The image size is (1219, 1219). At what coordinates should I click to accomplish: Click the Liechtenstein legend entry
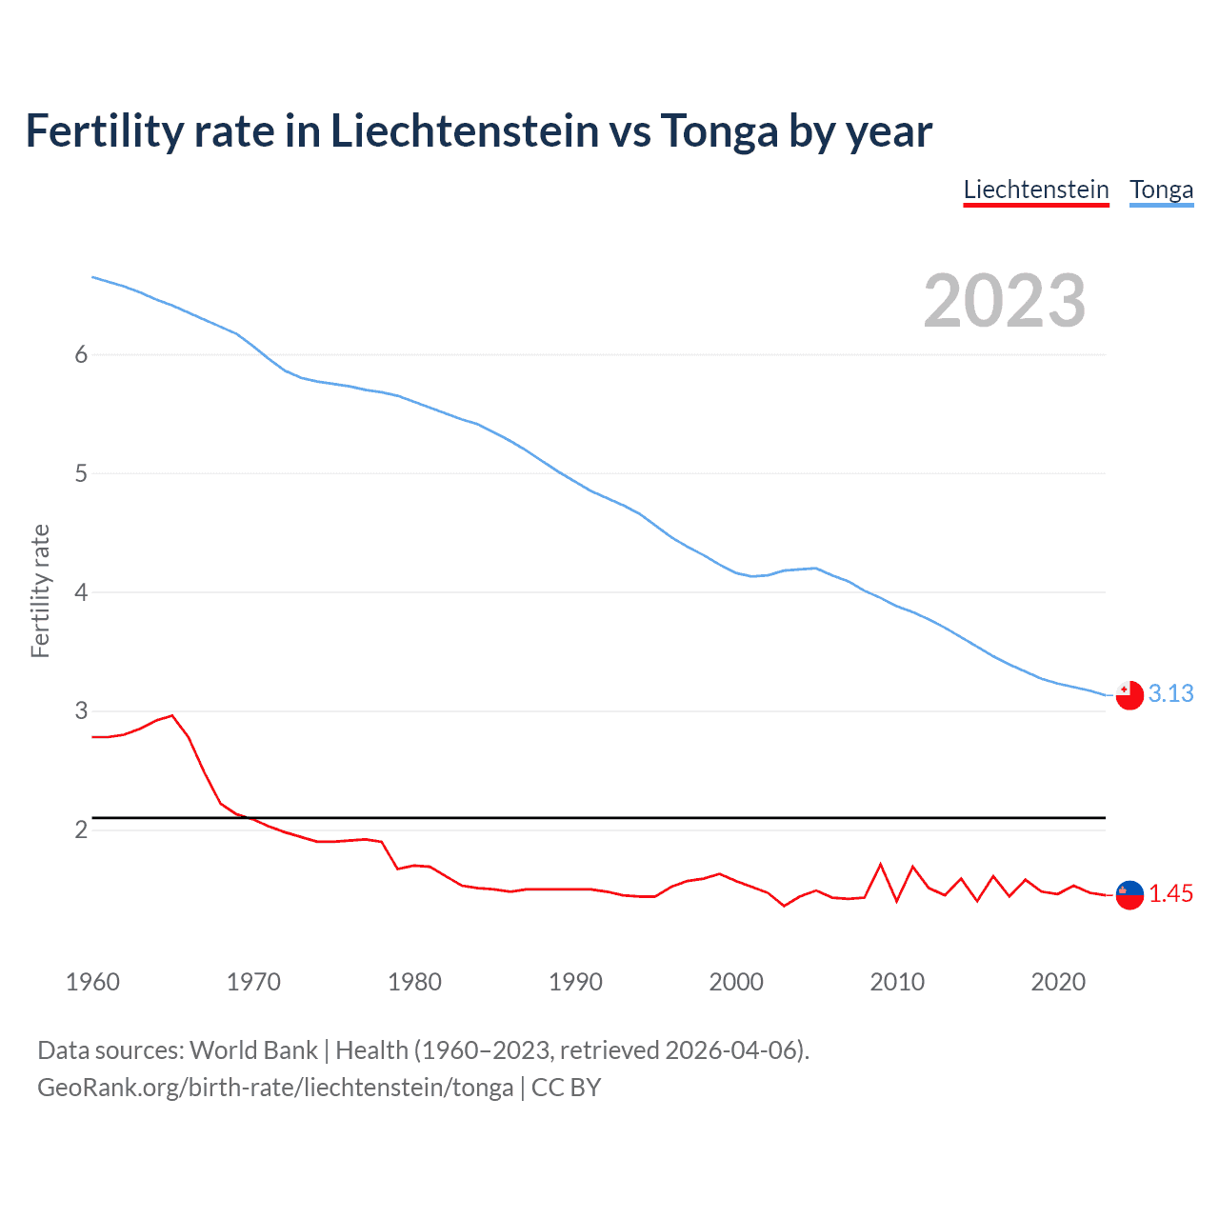[x=1036, y=190]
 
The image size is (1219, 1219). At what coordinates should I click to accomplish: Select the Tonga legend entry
[x=1161, y=190]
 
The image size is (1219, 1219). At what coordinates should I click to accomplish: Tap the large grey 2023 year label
[x=1005, y=301]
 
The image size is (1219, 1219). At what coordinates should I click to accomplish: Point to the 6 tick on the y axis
[x=81, y=354]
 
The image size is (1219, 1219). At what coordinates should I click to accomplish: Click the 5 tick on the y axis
[x=81, y=473]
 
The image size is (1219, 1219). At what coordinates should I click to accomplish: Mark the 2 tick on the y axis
[x=81, y=829]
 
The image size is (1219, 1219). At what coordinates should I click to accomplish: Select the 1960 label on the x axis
[x=92, y=982]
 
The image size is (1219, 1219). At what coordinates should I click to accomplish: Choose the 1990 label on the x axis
[x=575, y=982]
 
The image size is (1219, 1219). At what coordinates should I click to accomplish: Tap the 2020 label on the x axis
[x=1058, y=982]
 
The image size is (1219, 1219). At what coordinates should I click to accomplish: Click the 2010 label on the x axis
[x=897, y=982]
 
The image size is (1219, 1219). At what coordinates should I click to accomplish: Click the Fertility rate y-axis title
[x=40, y=590]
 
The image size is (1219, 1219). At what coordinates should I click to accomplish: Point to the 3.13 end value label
[x=1170, y=693]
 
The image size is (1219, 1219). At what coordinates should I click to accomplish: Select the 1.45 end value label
[x=1170, y=893]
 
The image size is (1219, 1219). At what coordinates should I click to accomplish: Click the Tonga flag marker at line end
[x=1129, y=695]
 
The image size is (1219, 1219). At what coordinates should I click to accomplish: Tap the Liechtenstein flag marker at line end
[x=1129, y=895]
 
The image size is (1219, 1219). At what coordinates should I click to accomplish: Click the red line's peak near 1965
[x=171, y=715]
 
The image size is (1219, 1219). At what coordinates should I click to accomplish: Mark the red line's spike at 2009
[x=881, y=865]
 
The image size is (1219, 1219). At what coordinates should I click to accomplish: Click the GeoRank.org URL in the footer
[x=275, y=1088]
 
